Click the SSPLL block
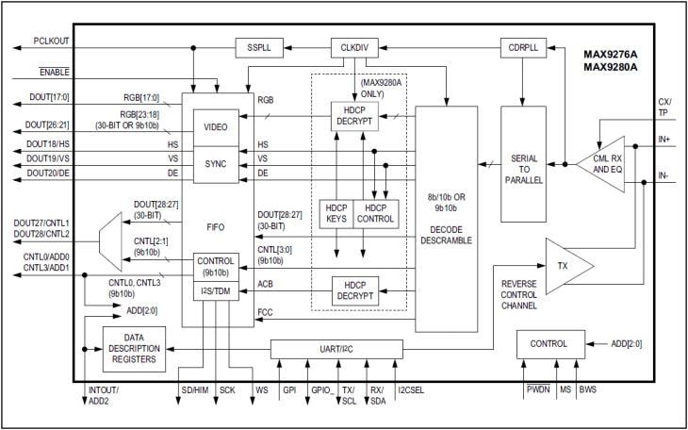click(260, 46)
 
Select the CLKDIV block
click(354, 46)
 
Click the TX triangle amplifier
click(565, 268)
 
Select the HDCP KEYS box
click(336, 213)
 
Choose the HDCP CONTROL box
click(375, 213)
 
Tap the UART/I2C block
click(336, 350)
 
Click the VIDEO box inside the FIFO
click(215, 126)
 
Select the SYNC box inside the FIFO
click(215, 163)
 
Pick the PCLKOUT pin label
click(50, 41)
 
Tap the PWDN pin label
click(537, 389)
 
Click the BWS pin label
click(586, 389)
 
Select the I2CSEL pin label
click(412, 389)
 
